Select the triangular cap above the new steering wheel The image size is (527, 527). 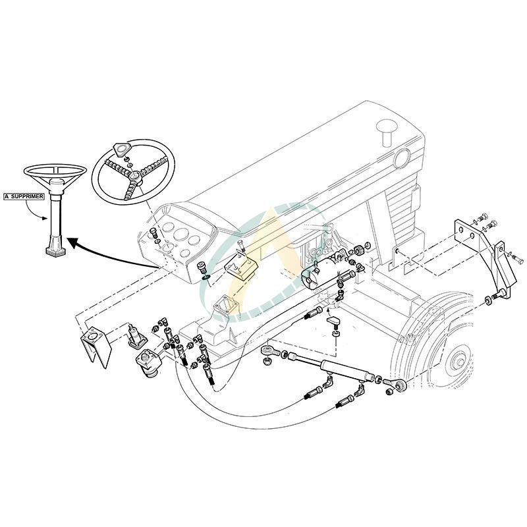pyautogui.click(x=122, y=149)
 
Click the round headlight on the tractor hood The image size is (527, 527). pyautogui.click(x=401, y=158)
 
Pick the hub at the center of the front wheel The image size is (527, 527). pyautogui.click(x=456, y=360)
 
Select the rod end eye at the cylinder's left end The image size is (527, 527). pyautogui.click(x=267, y=350)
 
